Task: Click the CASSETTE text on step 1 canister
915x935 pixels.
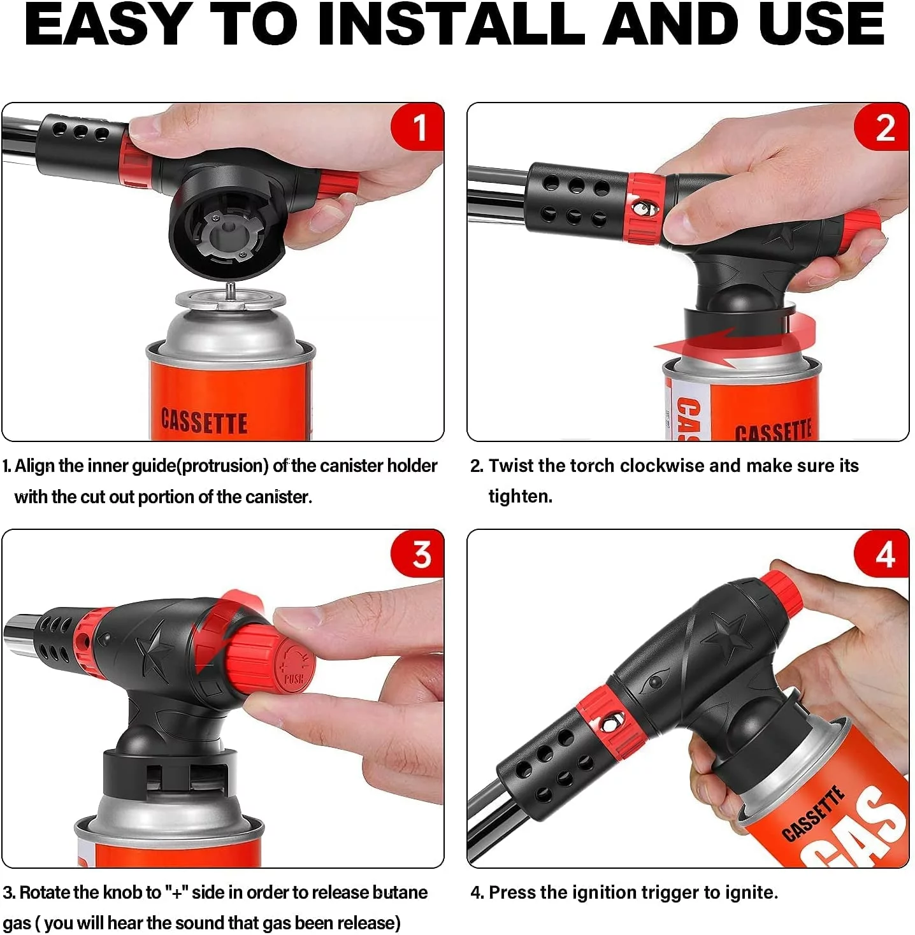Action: pos(205,422)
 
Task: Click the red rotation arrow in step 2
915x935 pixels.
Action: pos(736,341)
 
